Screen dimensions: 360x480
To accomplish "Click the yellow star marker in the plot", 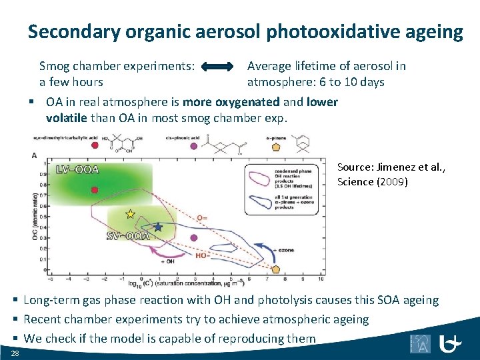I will [130, 214].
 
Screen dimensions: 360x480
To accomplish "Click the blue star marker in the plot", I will [158, 227].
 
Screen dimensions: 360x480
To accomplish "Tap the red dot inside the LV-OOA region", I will [95, 190].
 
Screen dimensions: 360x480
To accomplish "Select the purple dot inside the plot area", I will [194, 237].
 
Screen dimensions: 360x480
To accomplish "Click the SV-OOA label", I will [127, 235].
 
